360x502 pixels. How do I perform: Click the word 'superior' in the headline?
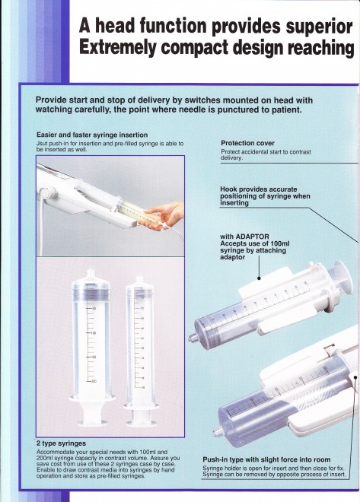[319, 27]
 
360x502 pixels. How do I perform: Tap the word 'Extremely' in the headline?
[117, 48]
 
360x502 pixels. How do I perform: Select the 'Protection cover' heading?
[247, 143]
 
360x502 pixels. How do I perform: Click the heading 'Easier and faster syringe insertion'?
[92, 135]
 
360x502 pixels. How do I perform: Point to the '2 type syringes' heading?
[61, 443]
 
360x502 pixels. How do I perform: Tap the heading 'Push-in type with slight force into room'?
[266, 459]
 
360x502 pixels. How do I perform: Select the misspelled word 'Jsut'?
[42, 144]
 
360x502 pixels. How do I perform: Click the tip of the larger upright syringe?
[92, 272]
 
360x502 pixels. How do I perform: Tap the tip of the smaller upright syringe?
[139, 276]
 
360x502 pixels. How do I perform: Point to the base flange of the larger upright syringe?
[93, 399]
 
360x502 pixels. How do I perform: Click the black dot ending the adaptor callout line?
[260, 278]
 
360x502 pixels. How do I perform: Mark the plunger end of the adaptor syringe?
[344, 276]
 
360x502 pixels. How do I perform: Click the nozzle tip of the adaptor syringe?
[192, 338]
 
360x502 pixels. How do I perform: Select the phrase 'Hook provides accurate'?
[259, 189]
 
